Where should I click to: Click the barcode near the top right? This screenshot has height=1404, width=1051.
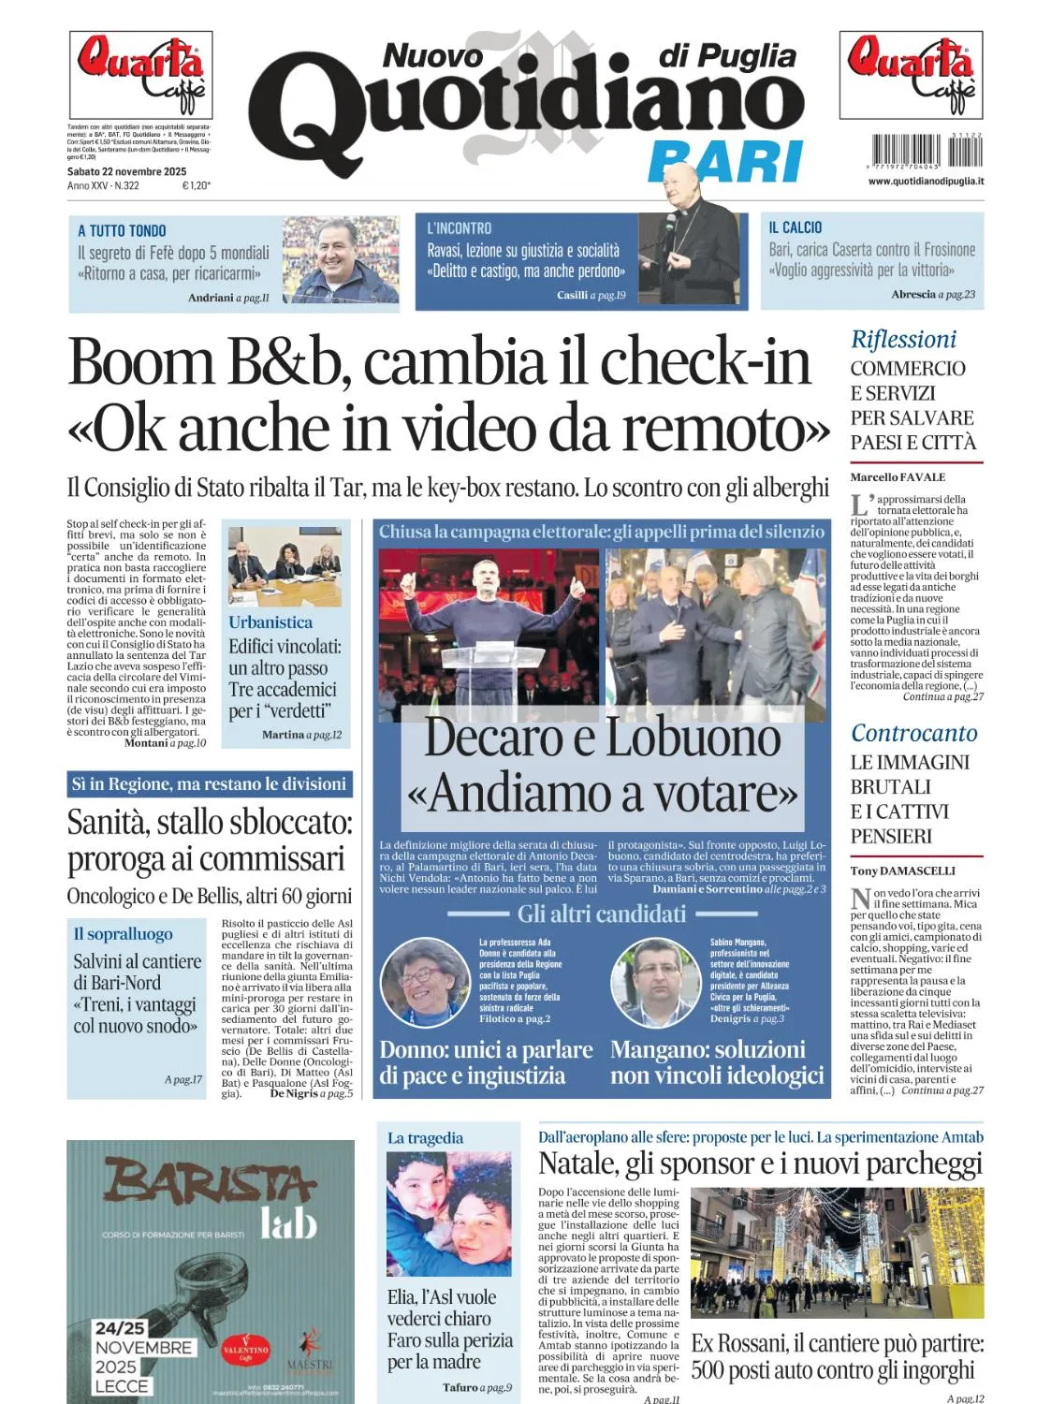pos(927,151)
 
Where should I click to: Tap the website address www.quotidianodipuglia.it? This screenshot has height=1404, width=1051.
pos(925,182)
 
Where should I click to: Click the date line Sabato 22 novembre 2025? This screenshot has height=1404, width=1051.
pos(126,171)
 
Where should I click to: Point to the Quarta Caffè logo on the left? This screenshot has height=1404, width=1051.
pos(140,75)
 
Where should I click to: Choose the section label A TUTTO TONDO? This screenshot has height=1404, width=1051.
pos(122,230)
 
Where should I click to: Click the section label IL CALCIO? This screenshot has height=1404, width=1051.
pos(795,227)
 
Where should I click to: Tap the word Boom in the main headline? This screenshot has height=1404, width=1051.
pos(141,362)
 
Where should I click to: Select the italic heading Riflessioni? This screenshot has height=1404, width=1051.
pos(903,340)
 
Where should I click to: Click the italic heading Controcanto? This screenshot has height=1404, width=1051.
pos(913,734)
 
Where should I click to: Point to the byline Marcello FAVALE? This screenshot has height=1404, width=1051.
pos(898,477)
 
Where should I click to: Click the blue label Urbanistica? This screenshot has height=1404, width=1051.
pos(270,622)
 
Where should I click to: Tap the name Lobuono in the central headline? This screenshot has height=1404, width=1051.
pos(693,738)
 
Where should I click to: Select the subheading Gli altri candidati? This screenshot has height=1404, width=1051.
pos(602,914)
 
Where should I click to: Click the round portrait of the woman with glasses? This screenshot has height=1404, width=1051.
pos(425,983)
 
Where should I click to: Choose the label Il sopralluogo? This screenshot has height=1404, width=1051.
pos(123,934)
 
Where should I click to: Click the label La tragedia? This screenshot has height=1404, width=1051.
pos(425,1138)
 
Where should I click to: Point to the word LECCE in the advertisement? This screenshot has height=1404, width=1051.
pos(122,1386)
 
